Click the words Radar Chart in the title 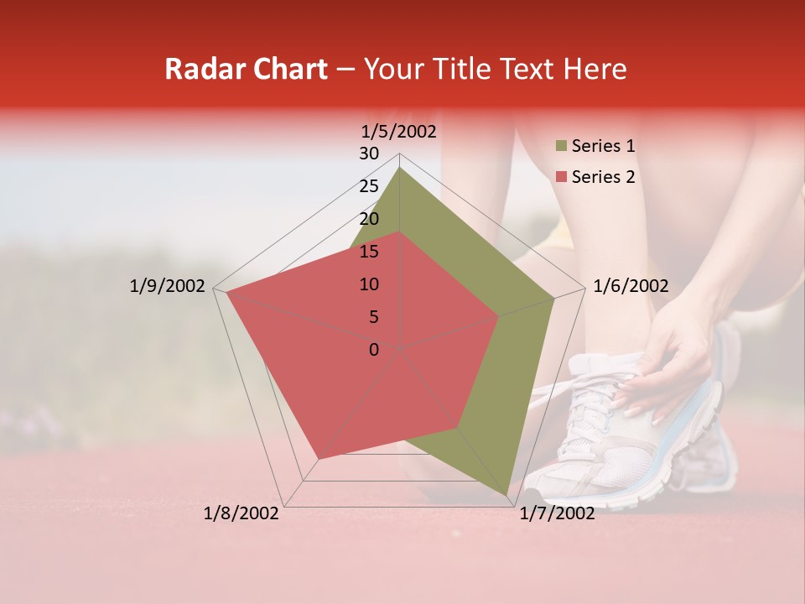click(246, 69)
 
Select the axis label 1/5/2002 click(399, 131)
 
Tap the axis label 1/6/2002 click(631, 286)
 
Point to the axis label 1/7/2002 click(557, 513)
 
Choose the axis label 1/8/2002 click(241, 513)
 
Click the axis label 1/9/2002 click(167, 286)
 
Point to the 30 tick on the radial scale click(369, 154)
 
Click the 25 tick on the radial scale click(369, 186)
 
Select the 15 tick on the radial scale click(369, 252)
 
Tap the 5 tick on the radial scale click(373, 317)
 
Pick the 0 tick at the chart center click(374, 350)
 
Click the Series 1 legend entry click(602, 146)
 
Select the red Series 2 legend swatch click(561, 177)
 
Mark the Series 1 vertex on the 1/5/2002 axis click(400, 167)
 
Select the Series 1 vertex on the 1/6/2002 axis click(554, 298)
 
